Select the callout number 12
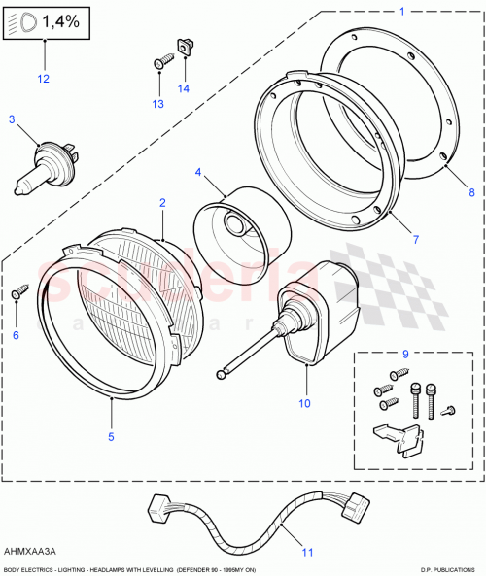[42, 78]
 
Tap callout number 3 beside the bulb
[12, 119]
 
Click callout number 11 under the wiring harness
[307, 554]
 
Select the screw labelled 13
[161, 63]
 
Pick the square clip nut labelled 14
[183, 45]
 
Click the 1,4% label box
[48, 20]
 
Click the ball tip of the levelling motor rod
[226, 369]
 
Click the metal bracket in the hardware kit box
[400, 437]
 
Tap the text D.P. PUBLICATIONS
[448, 569]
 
